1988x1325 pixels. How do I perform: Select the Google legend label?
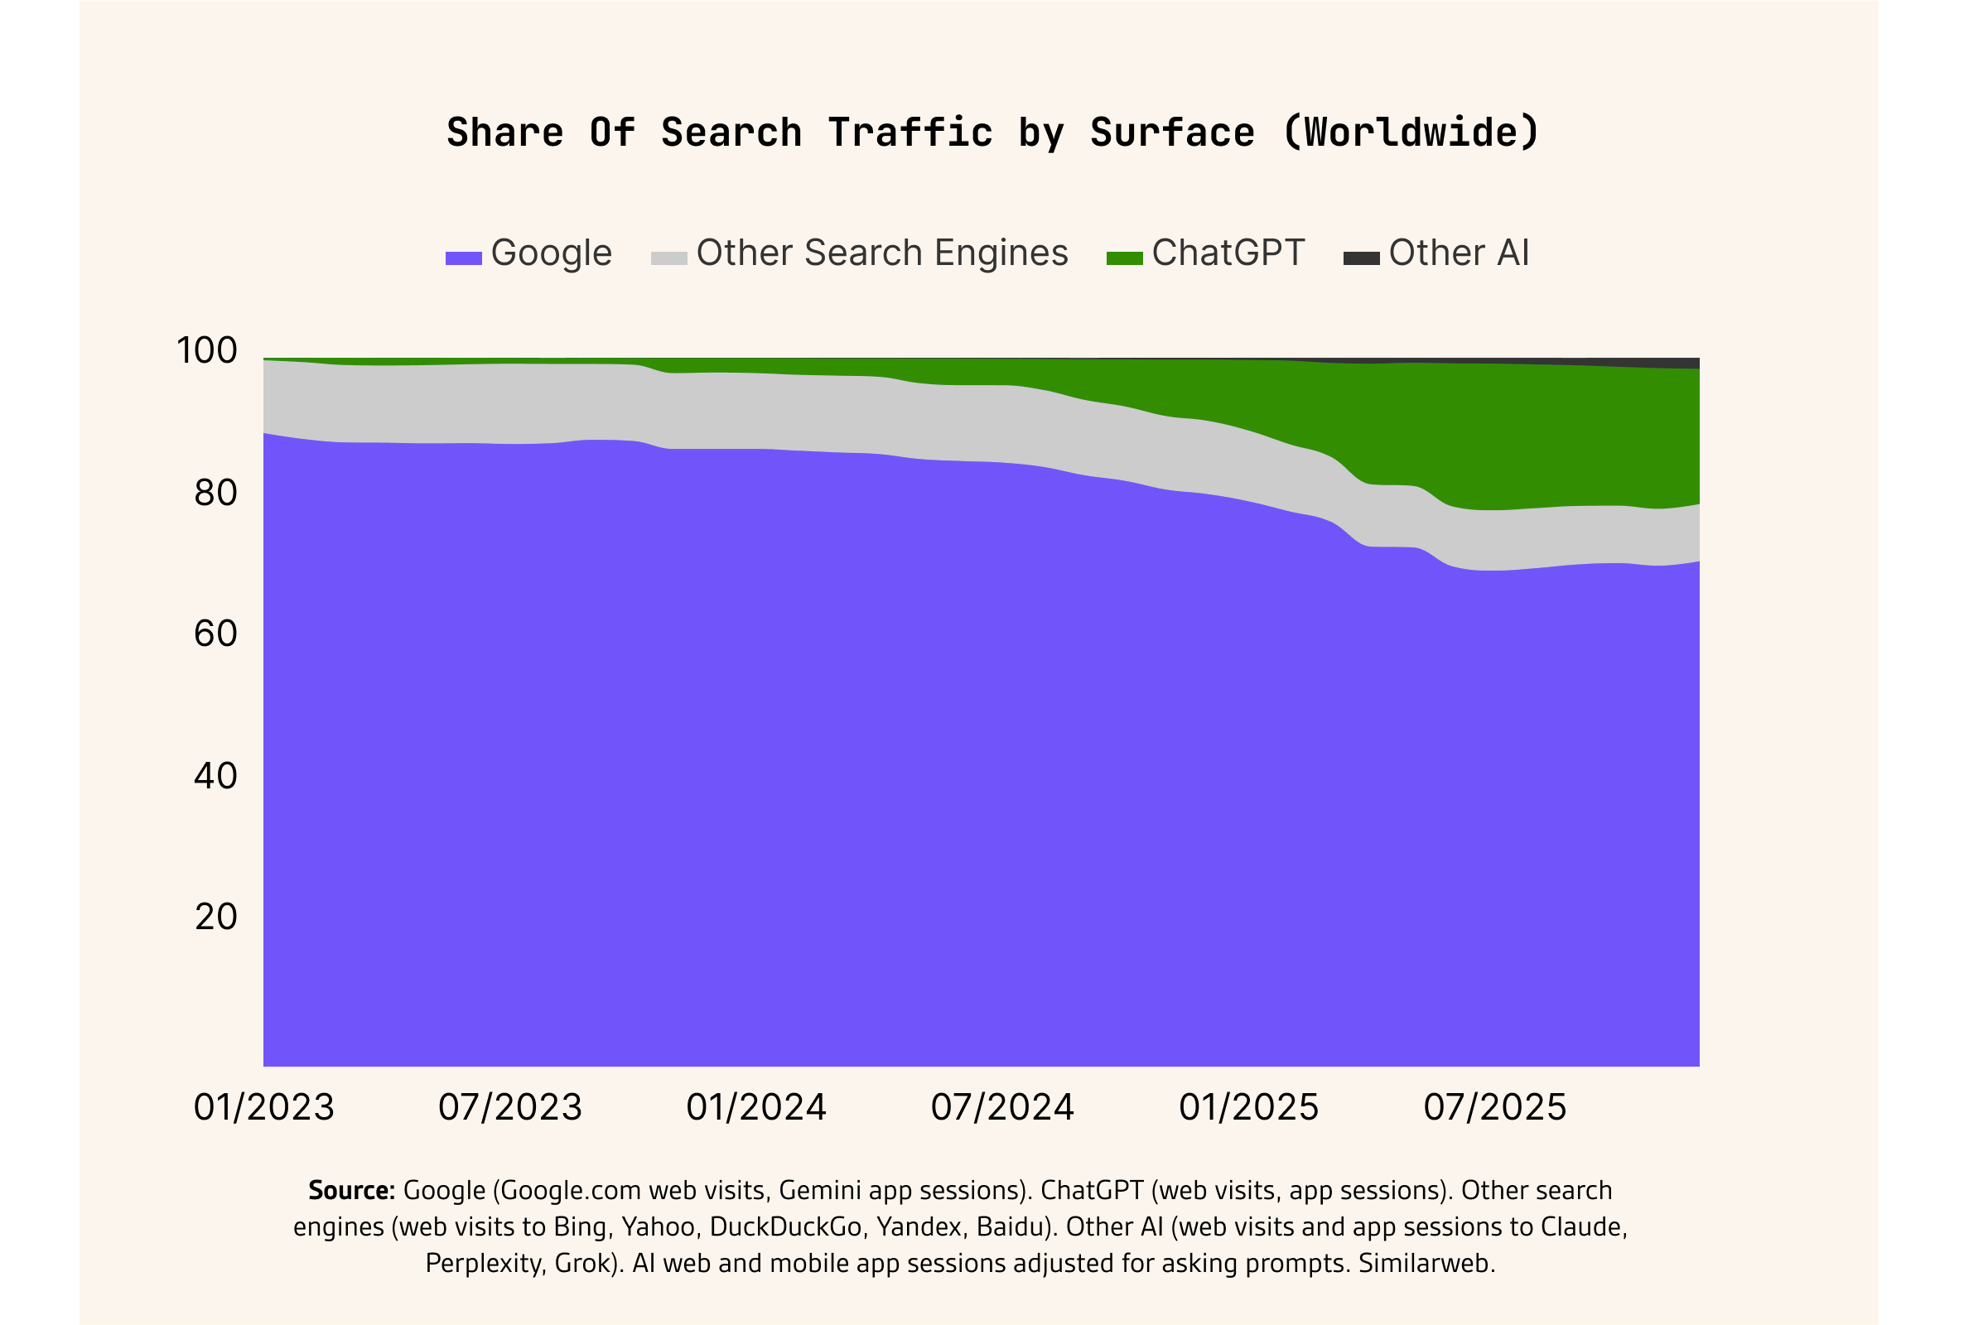[x=551, y=253]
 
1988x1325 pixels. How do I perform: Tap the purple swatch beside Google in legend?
[x=463, y=258]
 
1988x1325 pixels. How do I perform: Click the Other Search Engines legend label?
[x=881, y=253]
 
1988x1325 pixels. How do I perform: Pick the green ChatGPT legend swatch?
[x=1124, y=258]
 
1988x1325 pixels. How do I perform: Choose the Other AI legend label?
[x=1458, y=253]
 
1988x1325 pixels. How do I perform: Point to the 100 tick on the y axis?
[x=207, y=350]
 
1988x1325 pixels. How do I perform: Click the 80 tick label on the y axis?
[x=215, y=493]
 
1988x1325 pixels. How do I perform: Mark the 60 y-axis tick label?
[x=215, y=634]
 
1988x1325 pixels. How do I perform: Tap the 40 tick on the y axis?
[x=215, y=776]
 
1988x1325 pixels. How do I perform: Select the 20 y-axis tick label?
[x=215, y=917]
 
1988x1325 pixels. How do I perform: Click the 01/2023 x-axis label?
[x=263, y=1108]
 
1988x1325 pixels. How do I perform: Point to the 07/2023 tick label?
[x=509, y=1108]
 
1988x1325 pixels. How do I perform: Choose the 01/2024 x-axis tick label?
[x=755, y=1108]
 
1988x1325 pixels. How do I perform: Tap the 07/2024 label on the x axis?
[x=1002, y=1108]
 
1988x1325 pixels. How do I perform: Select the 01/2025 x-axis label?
[x=1248, y=1108]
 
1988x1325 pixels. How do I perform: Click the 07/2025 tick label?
[x=1494, y=1108]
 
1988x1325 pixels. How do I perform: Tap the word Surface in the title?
[x=1171, y=133]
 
